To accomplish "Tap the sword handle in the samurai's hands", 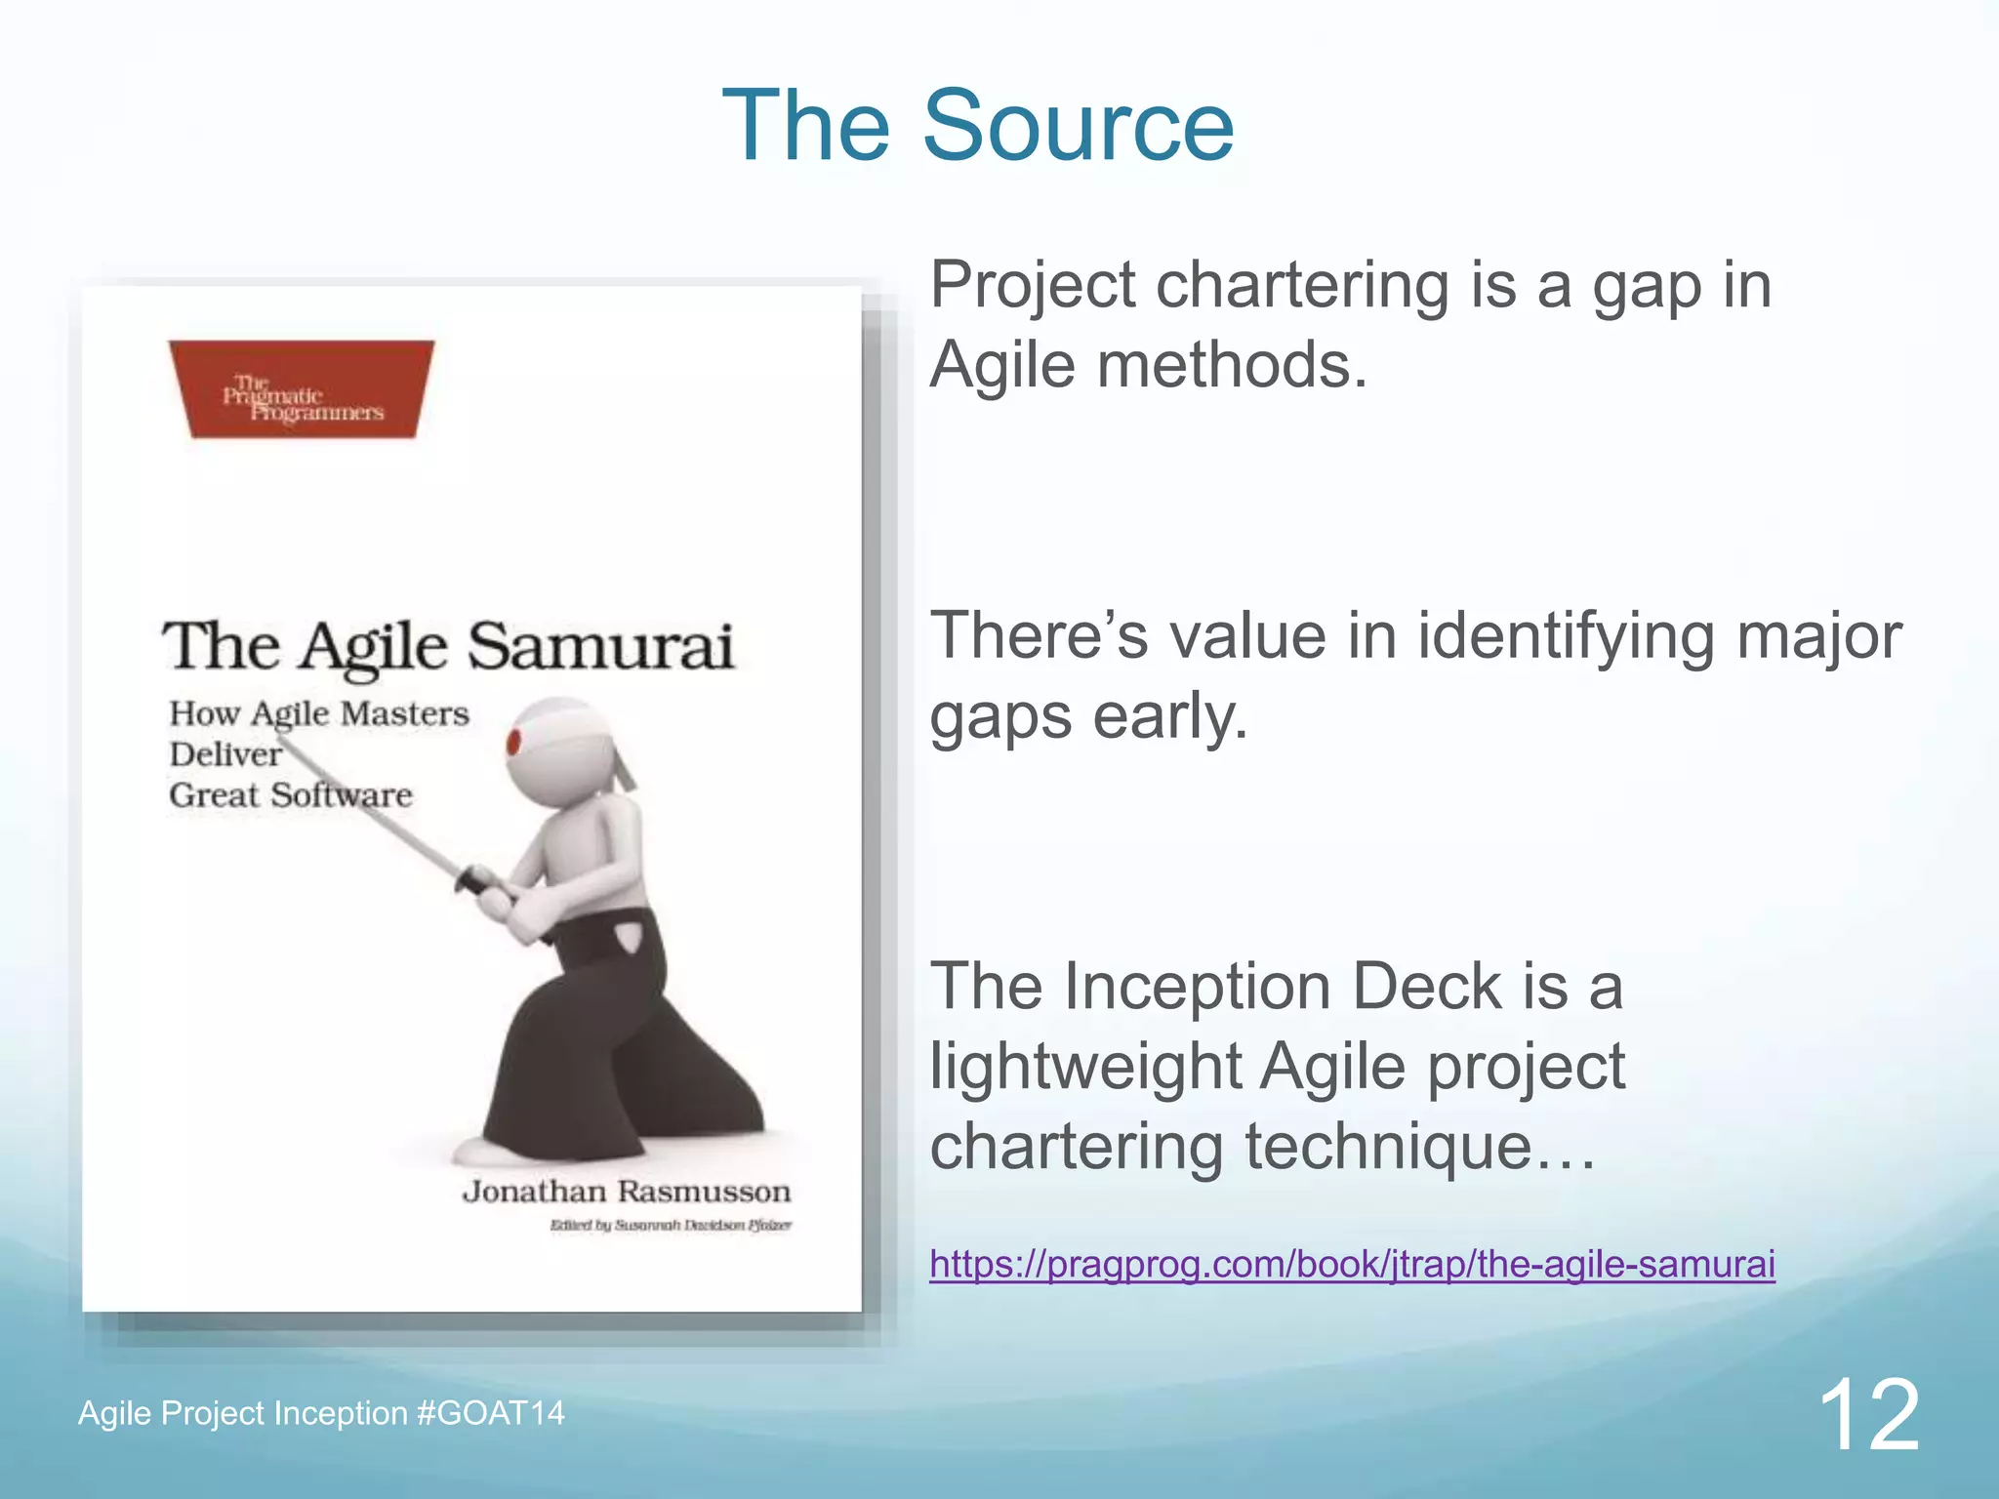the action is click(x=481, y=882).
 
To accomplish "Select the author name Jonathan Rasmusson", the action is click(x=626, y=1192).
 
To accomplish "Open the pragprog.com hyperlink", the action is click(x=1351, y=1264).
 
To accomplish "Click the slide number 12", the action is click(x=1868, y=1416).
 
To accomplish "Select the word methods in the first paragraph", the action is click(x=1232, y=366).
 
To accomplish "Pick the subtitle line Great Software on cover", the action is click(x=290, y=795).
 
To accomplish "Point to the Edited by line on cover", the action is click(x=671, y=1226).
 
